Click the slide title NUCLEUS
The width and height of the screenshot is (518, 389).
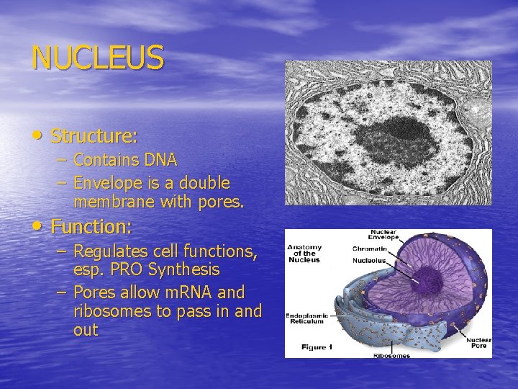(x=98, y=58)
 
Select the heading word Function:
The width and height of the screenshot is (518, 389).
(x=91, y=227)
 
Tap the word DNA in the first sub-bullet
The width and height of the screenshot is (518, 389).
(x=160, y=159)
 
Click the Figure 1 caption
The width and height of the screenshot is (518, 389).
(x=317, y=347)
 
